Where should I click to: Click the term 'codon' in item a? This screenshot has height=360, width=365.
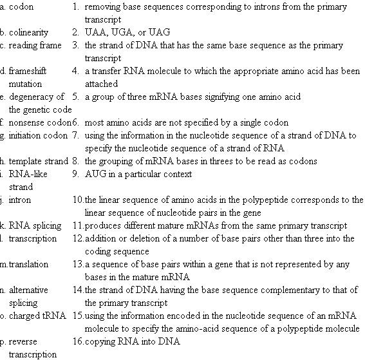(21, 6)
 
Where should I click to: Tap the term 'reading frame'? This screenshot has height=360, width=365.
(35, 45)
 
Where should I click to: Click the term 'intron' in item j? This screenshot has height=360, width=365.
(20, 200)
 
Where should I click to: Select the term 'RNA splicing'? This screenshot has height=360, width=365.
(35, 225)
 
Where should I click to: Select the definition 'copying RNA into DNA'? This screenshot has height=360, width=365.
(133, 341)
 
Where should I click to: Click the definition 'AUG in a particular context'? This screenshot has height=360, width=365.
(138, 174)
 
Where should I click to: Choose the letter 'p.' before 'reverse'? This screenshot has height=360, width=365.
(4, 342)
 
